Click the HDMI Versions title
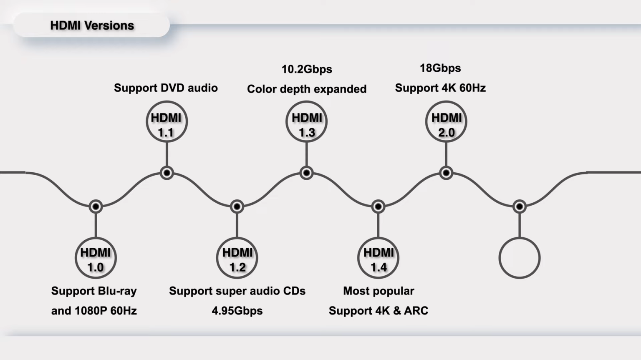pyautogui.click(x=92, y=25)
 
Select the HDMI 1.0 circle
pyautogui.click(x=96, y=258)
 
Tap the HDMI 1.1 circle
pyautogui.click(x=167, y=122)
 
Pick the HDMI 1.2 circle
pyautogui.click(x=237, y=258)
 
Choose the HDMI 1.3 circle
pyautogui.click(x=306, y=122)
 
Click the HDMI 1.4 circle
pyautogui.click(x=378, y=258)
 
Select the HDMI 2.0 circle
pyautogui.click(x=446, y=122)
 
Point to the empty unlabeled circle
pyautogui.click(x=520, y=258)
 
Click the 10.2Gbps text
pyautogui.click(x=307, y=69)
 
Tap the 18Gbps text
pyautogui.click(x=440, y=68)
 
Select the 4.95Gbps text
pyautogui.click(x=237, y=311)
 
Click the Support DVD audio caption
pyautogui.click(x=166, y=88)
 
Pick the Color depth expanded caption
pyautogui.click(x=307, y=89)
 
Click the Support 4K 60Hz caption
pyautogui.click(x=440, y=88)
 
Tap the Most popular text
pyautogui.click(x=379, y=291)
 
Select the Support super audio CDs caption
pyautogui.click(x=237, y=291)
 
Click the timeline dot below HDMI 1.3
pyautogui.click(x=306, y=173)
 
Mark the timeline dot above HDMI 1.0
pyautogui.click(x=96, y=206)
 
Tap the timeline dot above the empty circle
pyautogui.click(x=520, y=206)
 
